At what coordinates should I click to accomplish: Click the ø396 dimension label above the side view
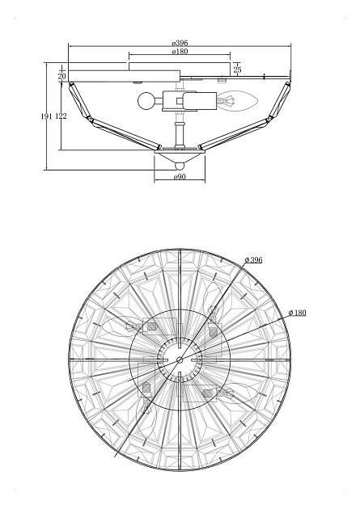(x=180, y=43)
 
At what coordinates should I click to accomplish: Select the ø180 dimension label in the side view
(x=180, y=51)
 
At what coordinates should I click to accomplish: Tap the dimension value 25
(x=238, y=69)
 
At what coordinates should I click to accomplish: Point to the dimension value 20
(x=62, y=76)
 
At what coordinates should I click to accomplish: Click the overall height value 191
(x=46, y=116)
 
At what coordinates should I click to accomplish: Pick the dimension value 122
(x=61, y=116)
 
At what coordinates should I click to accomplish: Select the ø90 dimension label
(x=180, y=177)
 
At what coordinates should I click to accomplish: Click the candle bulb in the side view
(x=237, y=102)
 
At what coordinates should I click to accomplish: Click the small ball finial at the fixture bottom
(x=180, y=166)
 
